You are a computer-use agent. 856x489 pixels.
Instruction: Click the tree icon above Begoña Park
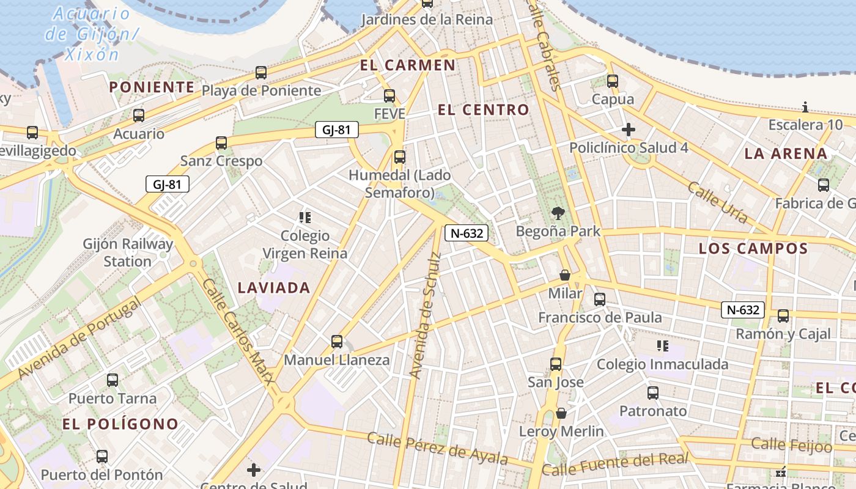click(x=558, y=213)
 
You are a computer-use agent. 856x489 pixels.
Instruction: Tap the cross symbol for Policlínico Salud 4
click(x=629, y=130)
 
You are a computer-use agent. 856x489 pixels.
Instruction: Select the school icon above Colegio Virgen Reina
click(x=305, y=217)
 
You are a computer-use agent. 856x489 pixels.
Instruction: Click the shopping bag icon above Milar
click(x=565, y=275)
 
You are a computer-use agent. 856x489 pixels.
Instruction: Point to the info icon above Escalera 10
click(x=805, y=108)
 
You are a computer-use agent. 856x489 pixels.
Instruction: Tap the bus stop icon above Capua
click(x=613, y=81)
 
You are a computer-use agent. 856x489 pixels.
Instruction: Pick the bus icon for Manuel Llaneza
click(x=336, y=342)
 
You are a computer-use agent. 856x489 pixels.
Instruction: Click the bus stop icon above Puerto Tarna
click(x=113, y=380)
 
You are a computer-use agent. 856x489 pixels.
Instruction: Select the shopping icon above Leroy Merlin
click(x=561, y=413)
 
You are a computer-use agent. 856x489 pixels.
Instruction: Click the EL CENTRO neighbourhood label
click(x=484, y=110)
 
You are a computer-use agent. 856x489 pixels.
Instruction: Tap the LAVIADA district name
click(x=274, y=288)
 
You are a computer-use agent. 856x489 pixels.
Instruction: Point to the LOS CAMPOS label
click(x=753, y=249)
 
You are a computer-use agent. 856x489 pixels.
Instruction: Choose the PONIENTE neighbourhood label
click(x=152, y=87)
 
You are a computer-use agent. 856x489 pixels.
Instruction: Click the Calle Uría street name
click(x=718, y=202)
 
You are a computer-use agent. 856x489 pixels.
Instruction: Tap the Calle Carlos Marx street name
click(x=239, y=331)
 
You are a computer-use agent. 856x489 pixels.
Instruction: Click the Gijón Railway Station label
click(x=128, y=252)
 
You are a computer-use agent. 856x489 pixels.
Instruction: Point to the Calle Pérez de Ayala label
click(x=437, y=448)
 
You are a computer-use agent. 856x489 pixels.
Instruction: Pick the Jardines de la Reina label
click(x=427, y=20)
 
